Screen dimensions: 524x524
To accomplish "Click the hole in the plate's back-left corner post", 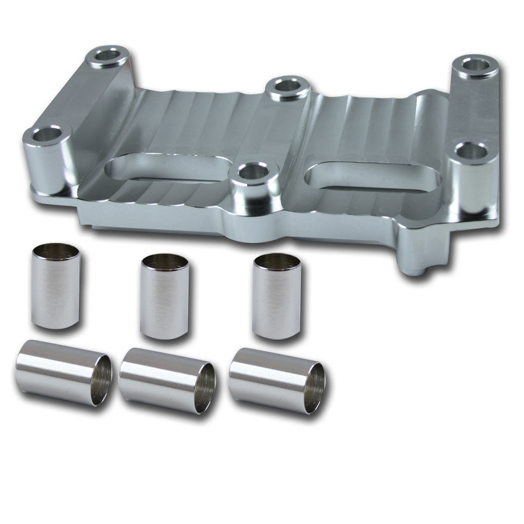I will coord(108,56).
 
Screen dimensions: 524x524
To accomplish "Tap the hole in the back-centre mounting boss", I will coord(288,86).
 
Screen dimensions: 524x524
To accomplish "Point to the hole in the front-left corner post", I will coord(47,133).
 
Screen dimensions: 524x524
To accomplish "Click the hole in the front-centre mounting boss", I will coord(253,171).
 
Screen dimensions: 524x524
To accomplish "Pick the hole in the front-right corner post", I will coord(472,150).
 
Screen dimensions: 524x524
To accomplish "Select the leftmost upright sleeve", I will coord(55,287).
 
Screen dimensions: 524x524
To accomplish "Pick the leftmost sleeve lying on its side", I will coord(62,371).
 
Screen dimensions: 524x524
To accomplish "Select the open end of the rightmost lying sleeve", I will coord(316,388).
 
